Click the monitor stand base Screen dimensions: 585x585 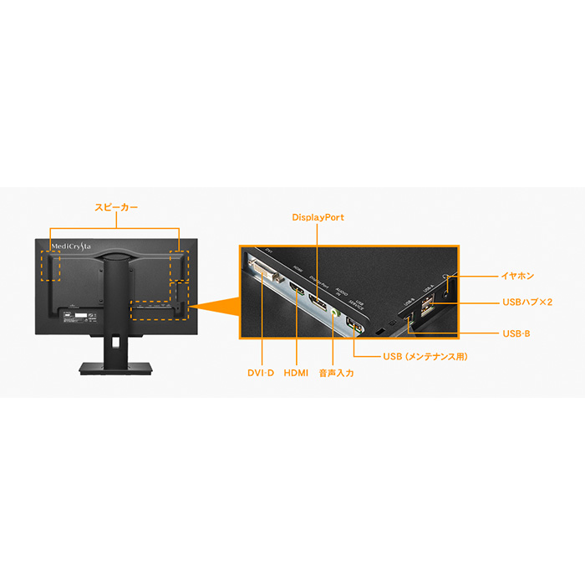[116, 369]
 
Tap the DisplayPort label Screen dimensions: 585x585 [318, 218]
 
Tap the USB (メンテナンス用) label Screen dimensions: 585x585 [425, 357]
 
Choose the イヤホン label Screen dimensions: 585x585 [519, 275]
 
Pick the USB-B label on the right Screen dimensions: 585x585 [516, 333]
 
